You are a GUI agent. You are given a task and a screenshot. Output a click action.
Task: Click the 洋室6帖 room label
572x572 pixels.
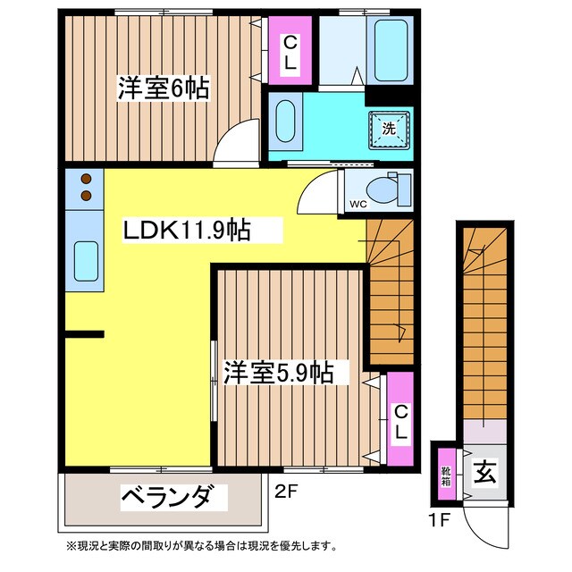pyautogui.click(x=163, y=88)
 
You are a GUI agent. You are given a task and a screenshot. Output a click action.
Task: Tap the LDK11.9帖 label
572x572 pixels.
pyautogui.click(x=186, y=231)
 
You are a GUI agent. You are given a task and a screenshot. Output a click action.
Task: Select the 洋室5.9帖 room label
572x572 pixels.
pyautogui.click(x=279, y=372)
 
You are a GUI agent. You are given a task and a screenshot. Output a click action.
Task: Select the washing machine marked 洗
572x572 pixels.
pyautogui.click(x=390, y=128)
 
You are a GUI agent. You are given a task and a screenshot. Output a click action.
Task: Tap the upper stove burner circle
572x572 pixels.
pyautogui.click(x=87, y=178)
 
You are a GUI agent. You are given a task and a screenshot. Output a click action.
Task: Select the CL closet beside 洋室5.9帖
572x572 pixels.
pyautogui.click(x=400, y=421)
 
